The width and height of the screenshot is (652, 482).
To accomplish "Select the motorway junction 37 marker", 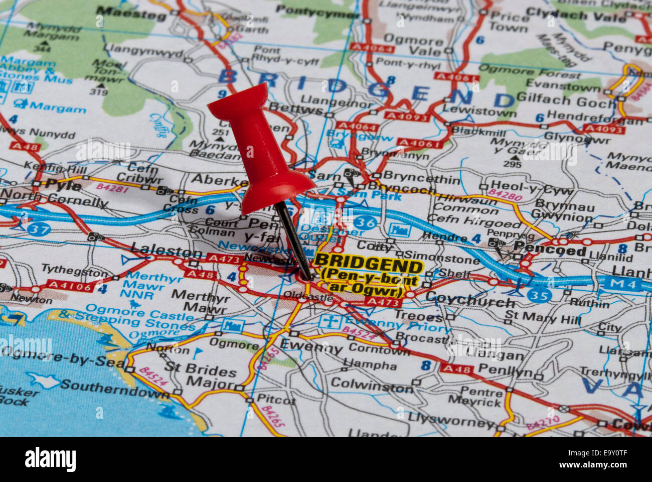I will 39,229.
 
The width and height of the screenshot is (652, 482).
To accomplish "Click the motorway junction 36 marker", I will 365,221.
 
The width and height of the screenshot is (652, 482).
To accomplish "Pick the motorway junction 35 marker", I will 539,295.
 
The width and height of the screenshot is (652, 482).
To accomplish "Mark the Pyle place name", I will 63,185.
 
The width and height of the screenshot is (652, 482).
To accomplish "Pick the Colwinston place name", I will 372,385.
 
